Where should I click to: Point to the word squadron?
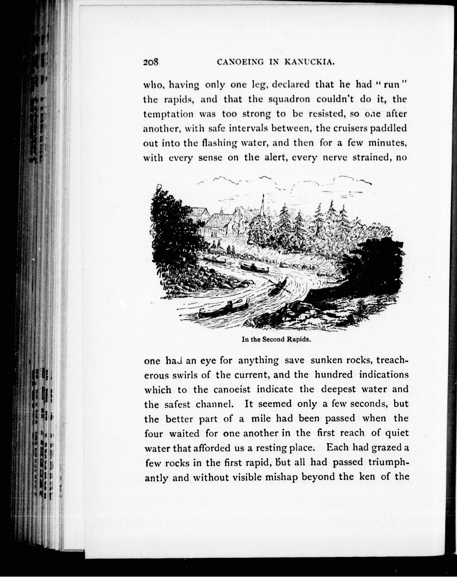click(289, 99)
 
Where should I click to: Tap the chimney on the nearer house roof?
click(221, 212)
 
